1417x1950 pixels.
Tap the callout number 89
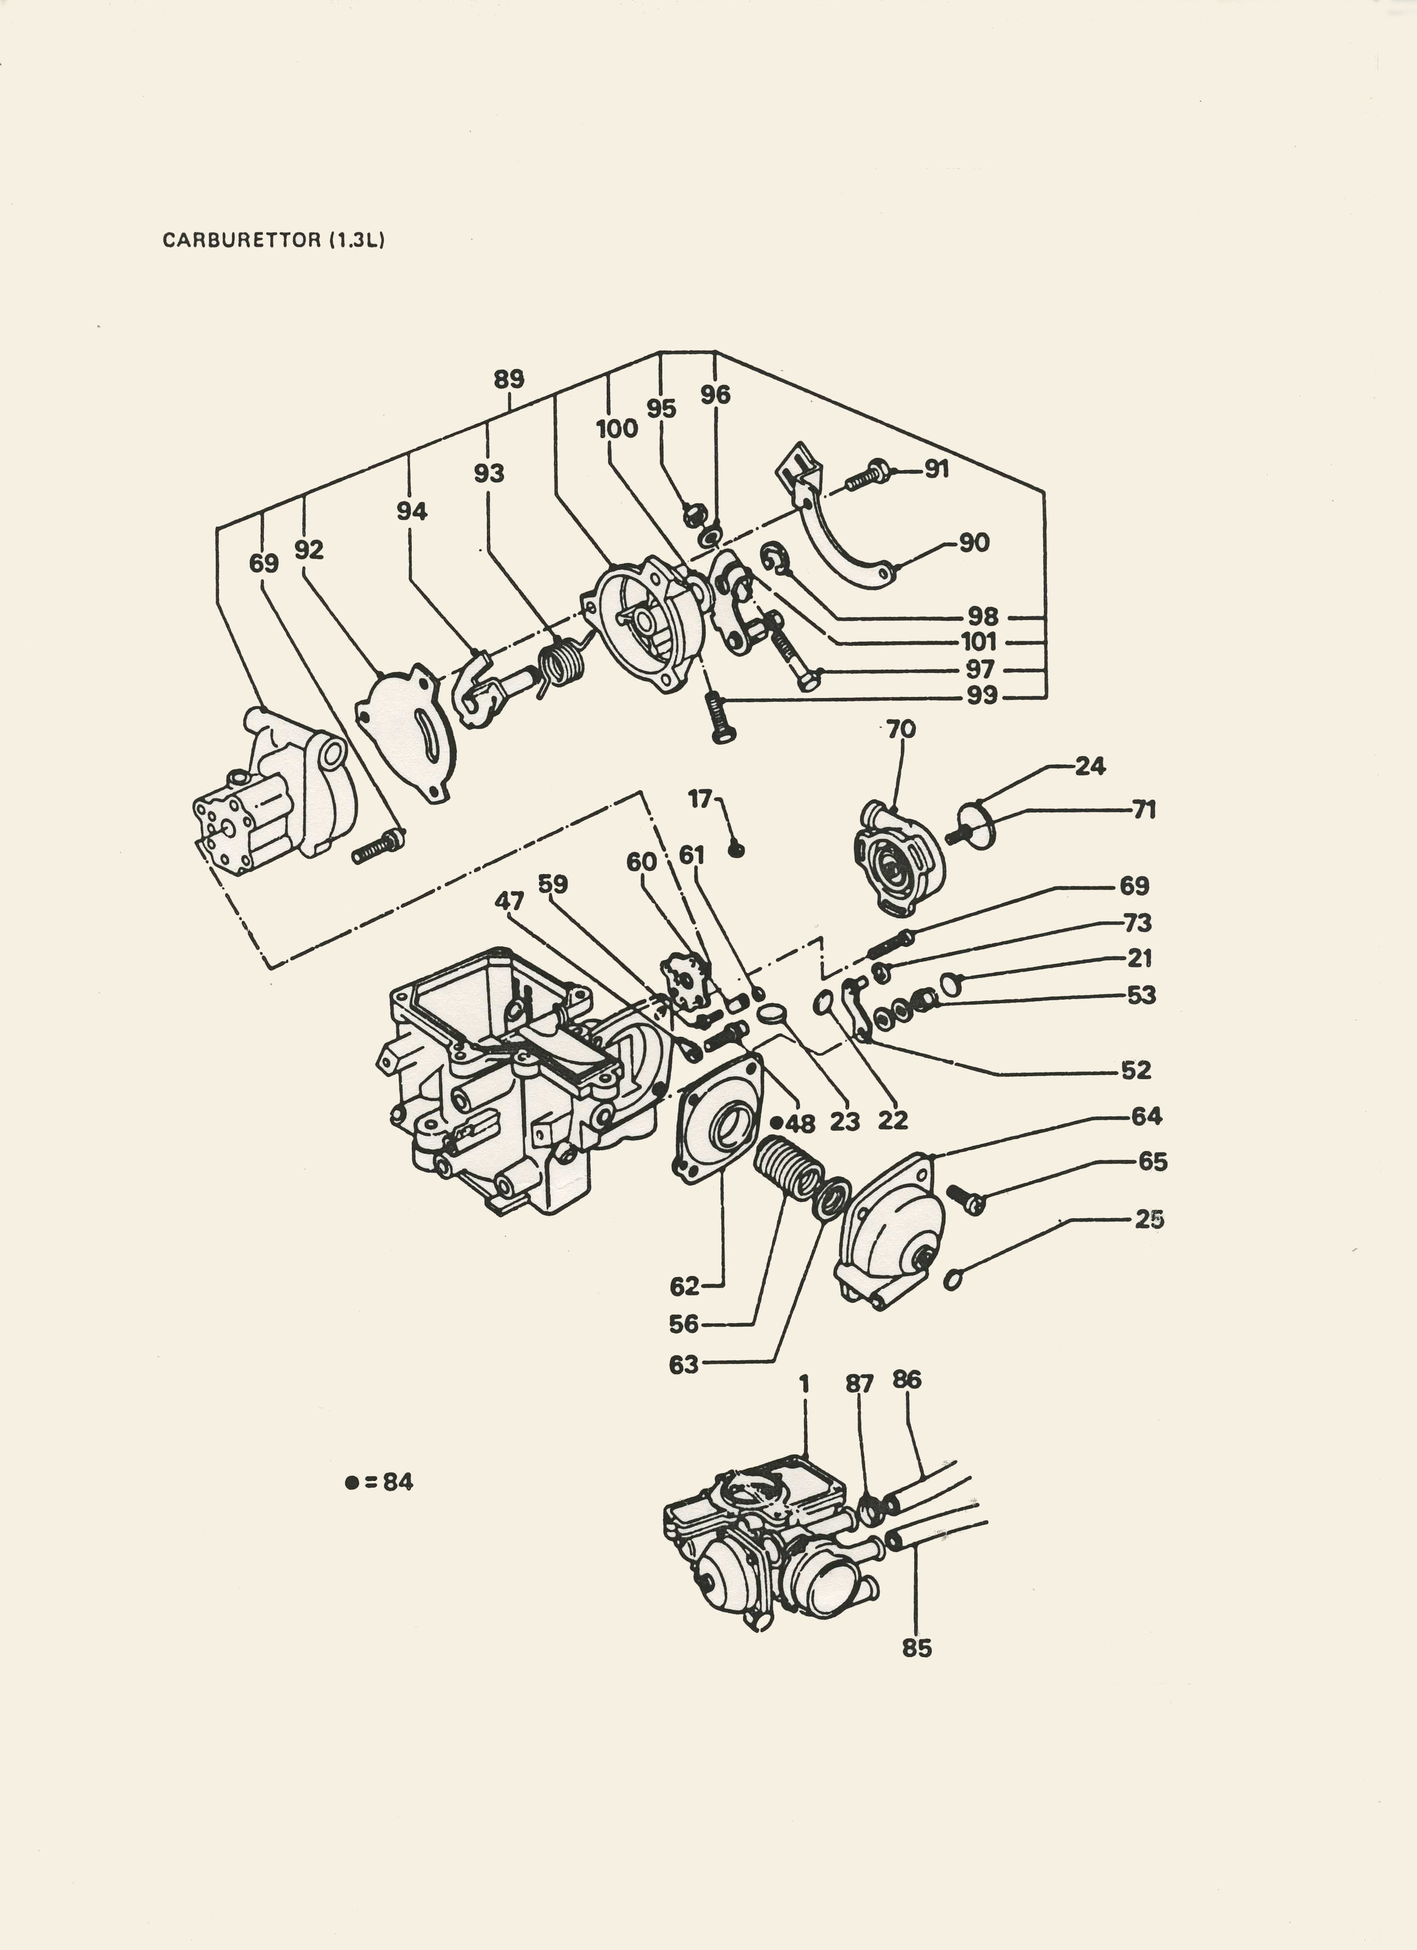pyautogui.click(x=509, y=379)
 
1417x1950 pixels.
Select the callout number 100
pyautogui.click(x=617, y=428)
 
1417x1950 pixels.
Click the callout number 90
pyautogui.click(x=974, y=542)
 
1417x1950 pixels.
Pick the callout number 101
pyautogui.click(x=979, y=641)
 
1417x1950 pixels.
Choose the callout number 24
pyautogui.click(x=1090, y=766)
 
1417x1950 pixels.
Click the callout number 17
pyautogui.click(x=700, y=799)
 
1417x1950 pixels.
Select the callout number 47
pyautogui.click(x=509, y=901)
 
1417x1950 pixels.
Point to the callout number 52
pyautogui.click(x=1136, y=1070)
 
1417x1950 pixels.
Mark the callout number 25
pyautogui.click(x=1150, y=1219)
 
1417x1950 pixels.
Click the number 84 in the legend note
pyautogui.click(x=398, y=1482)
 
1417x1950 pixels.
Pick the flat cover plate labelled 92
pyautogui.click(x=406, y=730)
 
